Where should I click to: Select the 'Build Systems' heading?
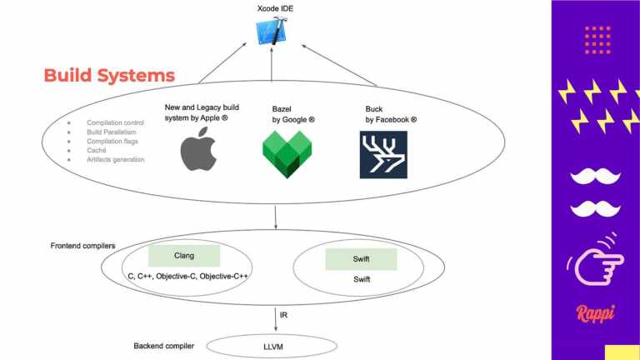pos(109,75)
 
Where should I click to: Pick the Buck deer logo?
pos(383,154)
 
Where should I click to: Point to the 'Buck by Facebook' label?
pos(391,114)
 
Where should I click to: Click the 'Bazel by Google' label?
pos(293,114)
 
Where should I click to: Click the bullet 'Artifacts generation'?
pos(116,158)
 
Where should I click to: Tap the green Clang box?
pos(184,256)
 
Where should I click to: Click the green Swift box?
pos(361,259)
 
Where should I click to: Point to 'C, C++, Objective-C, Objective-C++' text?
pos(188,276)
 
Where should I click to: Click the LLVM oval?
pos(273,346)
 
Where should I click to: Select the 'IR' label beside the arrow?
pos(284,314)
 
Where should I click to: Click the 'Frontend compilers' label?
pos(82,246)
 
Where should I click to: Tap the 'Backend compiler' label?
pos(164,345)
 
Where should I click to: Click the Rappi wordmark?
pos(596,313)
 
